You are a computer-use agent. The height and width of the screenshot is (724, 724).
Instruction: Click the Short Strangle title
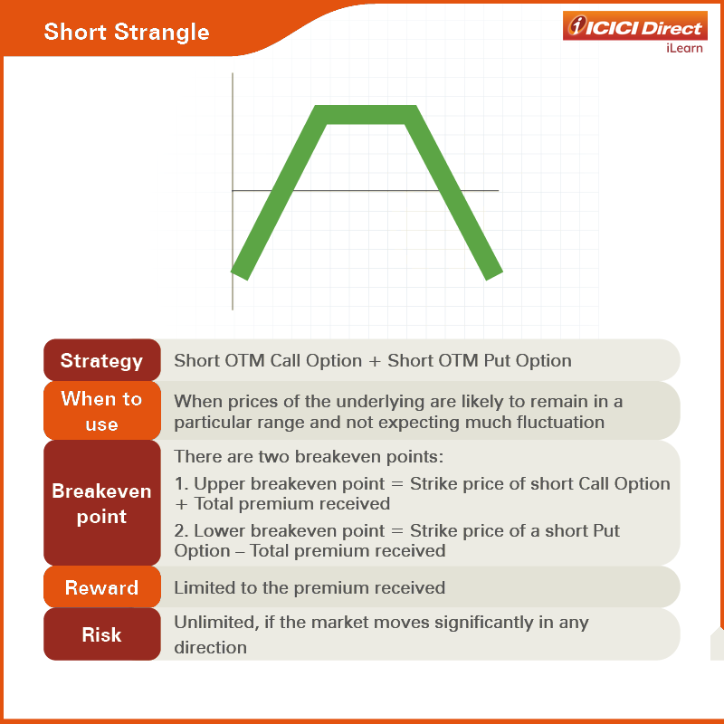point(127,32)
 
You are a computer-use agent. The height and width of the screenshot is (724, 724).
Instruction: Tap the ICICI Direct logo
point(635,26)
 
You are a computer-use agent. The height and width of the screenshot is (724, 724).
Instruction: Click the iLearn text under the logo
point(684,48)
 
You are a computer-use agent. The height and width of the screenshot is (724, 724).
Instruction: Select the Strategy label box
point(102,360)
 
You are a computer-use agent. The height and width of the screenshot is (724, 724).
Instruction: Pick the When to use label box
point(102,411)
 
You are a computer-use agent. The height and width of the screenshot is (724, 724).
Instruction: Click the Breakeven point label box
point(102,503)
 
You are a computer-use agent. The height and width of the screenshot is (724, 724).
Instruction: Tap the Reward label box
point(102,586)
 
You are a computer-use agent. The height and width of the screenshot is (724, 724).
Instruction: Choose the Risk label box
point(102,634)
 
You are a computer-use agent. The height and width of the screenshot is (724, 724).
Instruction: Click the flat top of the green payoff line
point(366,115)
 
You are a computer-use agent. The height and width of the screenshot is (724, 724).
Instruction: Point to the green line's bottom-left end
point(239,275)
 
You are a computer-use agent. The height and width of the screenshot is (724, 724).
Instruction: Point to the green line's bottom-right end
point(494,275)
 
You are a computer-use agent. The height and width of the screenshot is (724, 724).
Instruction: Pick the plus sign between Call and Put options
point(375,361)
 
